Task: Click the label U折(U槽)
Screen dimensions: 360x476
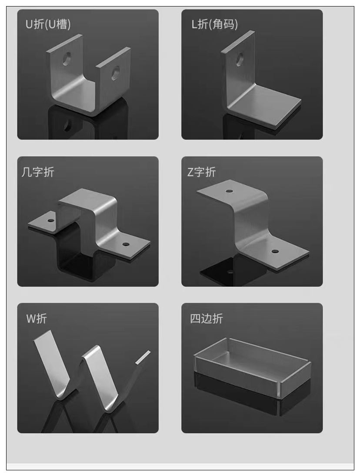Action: pos(48,24)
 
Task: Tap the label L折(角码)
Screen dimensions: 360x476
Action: pos(215,24)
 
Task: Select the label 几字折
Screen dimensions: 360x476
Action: pos(38,172)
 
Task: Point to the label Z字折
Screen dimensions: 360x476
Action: pos(202,172)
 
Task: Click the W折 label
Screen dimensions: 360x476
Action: pos(37,319)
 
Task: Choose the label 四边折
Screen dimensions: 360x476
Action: pos(207,319)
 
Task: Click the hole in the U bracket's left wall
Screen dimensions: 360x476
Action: pos(67,59)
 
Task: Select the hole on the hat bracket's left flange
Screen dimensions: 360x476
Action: pos(51,220)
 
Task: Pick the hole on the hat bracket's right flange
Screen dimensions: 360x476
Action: pos(125,244)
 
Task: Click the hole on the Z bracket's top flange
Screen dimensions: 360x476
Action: pos(229,192)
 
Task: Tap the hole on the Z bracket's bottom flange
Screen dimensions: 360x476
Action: pos(275,251)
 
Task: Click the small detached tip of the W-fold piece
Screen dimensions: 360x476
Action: pos(143,357)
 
